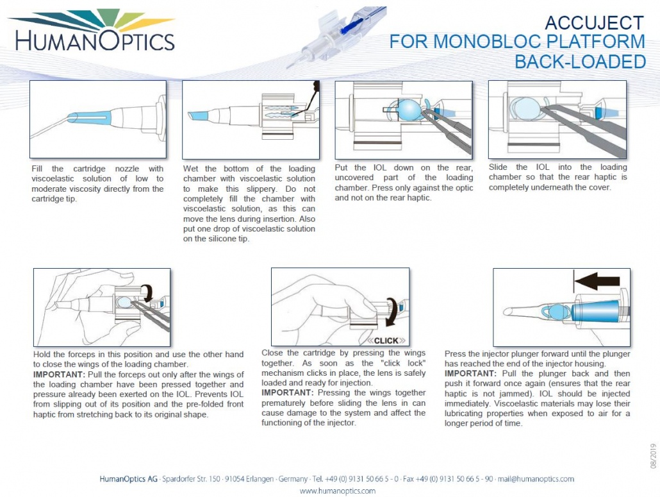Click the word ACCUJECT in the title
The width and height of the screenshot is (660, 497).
593,23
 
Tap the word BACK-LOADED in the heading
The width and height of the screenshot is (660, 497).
580,62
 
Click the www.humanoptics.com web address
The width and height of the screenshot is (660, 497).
338,491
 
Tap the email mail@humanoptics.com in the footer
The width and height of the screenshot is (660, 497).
538,478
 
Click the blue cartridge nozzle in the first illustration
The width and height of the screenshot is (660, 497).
89,117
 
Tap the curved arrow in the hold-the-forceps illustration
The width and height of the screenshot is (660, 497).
149,294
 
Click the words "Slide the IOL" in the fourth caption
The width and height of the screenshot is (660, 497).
522,167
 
